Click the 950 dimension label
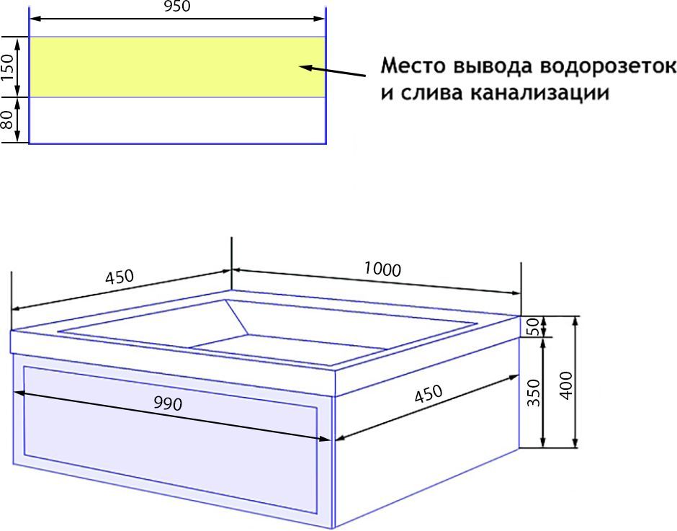176,7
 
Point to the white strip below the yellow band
176,120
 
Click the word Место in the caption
413,67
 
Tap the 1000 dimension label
382,269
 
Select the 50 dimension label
534,326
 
